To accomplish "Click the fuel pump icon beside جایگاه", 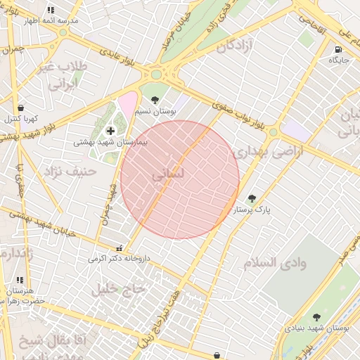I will pos(339,50).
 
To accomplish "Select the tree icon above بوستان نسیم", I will pos(155,100).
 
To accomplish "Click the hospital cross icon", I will pos(111,130).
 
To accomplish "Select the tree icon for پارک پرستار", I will pos(252,198).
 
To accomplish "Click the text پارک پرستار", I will pos(252,210).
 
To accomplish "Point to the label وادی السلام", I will pos(276,263).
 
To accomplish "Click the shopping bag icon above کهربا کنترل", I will pos(20,108).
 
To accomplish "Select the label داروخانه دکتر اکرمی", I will pos(119,259).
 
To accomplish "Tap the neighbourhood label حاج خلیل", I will pos(119,288).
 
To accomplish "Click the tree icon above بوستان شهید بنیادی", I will pos(316,316).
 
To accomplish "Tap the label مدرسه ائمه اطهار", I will pos(51,21).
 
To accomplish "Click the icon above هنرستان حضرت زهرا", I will pos(20,280).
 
